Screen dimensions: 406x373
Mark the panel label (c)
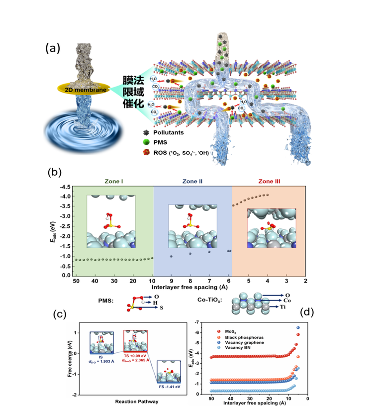pyautogui.click(x=60, y=314)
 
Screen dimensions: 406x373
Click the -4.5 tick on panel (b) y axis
pyautogui.click(x=65, y=187)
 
